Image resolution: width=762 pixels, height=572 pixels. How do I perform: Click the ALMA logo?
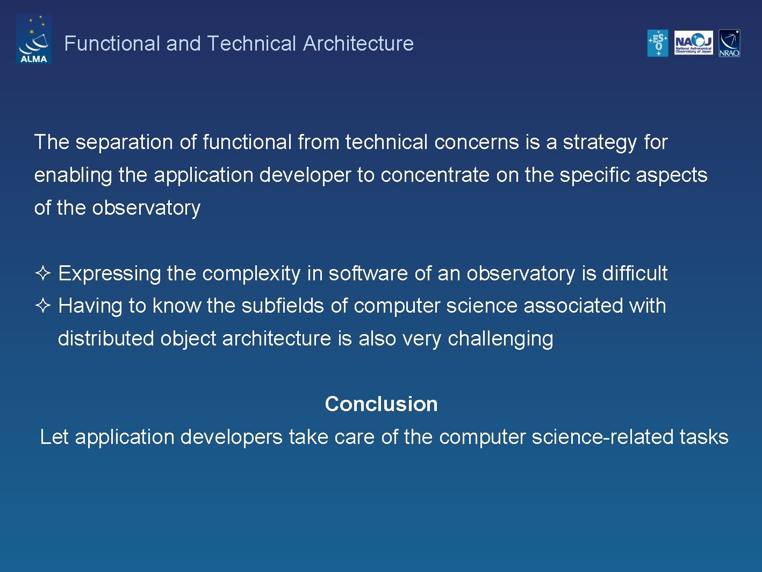coord(34,39)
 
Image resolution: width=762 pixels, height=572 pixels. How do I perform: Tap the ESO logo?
coord(657,43)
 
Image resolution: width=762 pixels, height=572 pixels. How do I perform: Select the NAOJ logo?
coord(693,43)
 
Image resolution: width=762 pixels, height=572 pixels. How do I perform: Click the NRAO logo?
coord(729,43)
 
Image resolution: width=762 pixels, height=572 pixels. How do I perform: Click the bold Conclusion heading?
coord(381,404)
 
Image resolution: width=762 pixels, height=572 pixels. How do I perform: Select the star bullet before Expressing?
coord(42,273)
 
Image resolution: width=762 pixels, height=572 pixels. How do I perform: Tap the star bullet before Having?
coord(42,306)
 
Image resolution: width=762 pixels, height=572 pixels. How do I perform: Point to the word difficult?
coord(634,273)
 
